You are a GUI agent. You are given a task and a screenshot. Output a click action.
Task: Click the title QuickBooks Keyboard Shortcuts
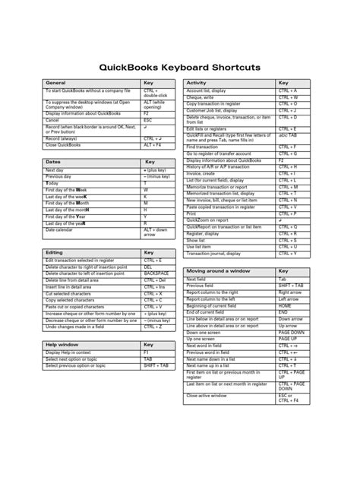click(179, 68)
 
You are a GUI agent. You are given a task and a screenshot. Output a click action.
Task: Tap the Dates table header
click(52, 163)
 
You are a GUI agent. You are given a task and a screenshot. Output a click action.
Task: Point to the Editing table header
click(54, 252)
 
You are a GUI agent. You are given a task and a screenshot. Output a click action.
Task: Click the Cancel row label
click(52, 120)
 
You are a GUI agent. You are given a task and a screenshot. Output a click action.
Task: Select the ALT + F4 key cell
click(154, 144)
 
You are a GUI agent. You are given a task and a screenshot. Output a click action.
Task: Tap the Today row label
click(52, 183)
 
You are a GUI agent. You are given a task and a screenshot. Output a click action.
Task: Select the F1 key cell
click(147, 352)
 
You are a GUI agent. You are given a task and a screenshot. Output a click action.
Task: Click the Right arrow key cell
click(290, 292)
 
